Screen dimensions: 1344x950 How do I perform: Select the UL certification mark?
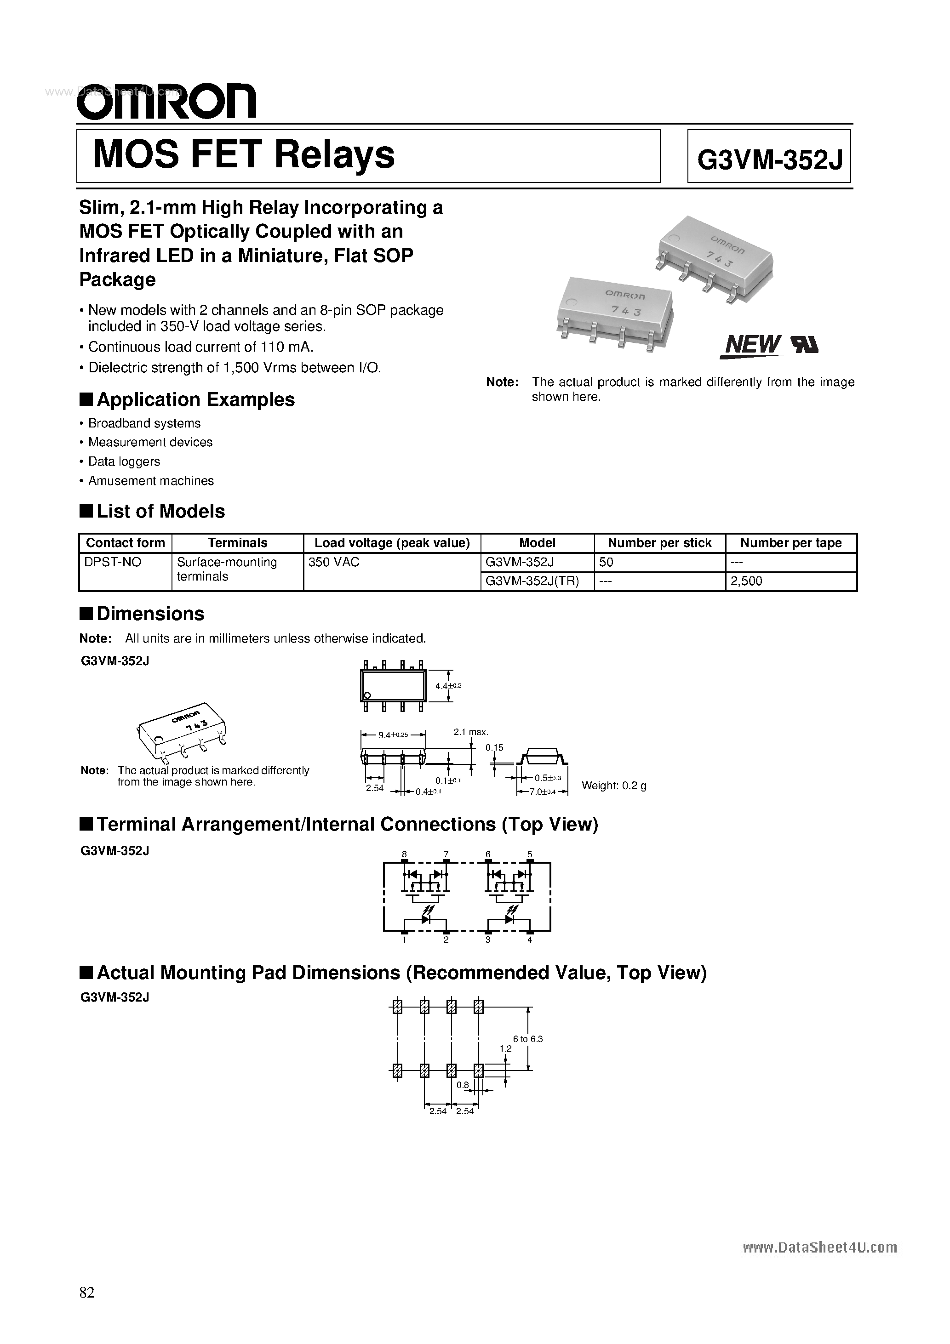[x=805, y=345]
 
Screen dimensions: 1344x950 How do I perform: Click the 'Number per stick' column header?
[x=659, y=543]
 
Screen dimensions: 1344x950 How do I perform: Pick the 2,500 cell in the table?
[x=747, y=581]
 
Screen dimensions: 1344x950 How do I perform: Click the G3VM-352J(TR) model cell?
[x=532, y=581]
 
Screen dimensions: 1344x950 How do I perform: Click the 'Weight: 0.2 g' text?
[x=613, y=786]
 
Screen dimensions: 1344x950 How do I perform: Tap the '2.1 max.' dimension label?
[x=471, y=732]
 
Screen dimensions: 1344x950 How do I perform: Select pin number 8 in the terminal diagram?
[x=404, y=854]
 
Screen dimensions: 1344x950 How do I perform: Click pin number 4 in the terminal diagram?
[x=529, y=940]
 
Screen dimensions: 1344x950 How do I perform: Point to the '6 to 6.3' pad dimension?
[x=528, y=1038]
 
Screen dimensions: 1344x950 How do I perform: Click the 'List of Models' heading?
[x=160, y=511]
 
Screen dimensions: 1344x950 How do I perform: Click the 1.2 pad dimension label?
[x=505, y=1048]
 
